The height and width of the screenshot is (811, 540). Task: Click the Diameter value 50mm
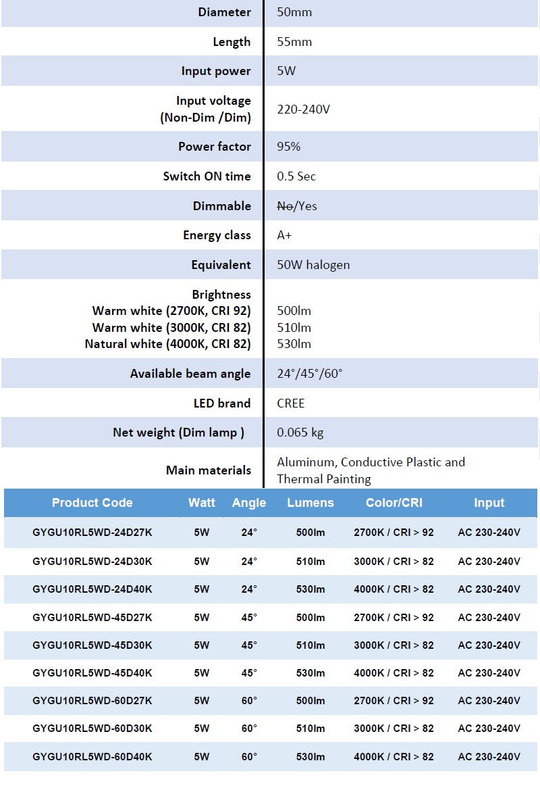click(x=294, y=12)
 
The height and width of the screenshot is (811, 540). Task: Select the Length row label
click(x=232, y=42)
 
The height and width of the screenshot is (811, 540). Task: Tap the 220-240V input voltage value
click(x=303, y=109)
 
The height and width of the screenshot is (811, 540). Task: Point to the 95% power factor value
click(x=289, y=147)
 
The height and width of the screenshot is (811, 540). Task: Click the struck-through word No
click(x=284, y=206)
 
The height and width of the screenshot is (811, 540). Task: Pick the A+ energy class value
click(x=284, y=235)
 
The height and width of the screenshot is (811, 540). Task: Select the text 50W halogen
click(x=313, y=265)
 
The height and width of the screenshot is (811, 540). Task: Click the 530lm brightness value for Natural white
click(x=294, y=344)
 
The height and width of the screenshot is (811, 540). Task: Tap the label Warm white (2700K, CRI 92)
click(x=171, y=311)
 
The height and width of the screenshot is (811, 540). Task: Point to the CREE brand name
click(x=291, y=403)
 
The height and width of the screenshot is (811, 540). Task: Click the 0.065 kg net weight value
click(x=300, y=433)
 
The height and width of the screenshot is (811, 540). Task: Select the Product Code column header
click(x=92, y=503)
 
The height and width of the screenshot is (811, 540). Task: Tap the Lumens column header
click(x=310, y=503)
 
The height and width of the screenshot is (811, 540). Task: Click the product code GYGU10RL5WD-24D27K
click(x=92, y=533)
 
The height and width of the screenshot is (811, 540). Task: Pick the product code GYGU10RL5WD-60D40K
click(x=92, y=757)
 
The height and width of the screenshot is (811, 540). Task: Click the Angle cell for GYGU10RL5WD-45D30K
click(x=249, y=645)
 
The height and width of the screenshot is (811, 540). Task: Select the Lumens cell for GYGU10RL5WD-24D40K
click(x=310, y=589)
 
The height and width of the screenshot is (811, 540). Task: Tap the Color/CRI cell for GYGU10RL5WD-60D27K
click(x=394, y=701)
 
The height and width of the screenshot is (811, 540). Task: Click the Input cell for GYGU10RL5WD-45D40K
click(x=489, y=673)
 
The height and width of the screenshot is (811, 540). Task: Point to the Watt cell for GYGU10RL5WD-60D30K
click(x=202, y=729)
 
